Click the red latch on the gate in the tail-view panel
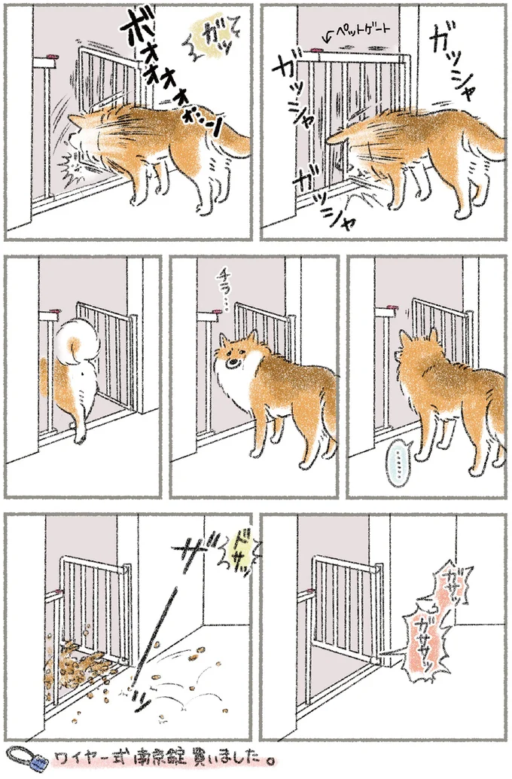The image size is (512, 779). tap(53, 311)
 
